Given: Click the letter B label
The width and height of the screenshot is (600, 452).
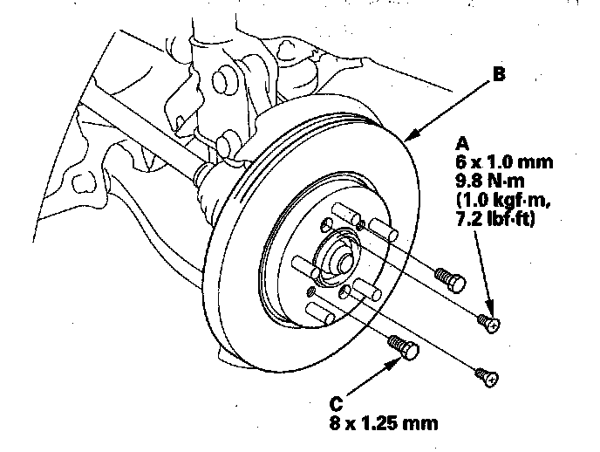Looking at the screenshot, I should click(x=498, y=75).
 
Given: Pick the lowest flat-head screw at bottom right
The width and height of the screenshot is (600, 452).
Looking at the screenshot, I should click(x=486, y=378).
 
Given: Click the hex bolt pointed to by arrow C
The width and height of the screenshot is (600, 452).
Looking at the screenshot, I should click(x=405, y=347).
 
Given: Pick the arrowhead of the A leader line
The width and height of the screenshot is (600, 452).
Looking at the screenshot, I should click(x=492, y=315).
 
